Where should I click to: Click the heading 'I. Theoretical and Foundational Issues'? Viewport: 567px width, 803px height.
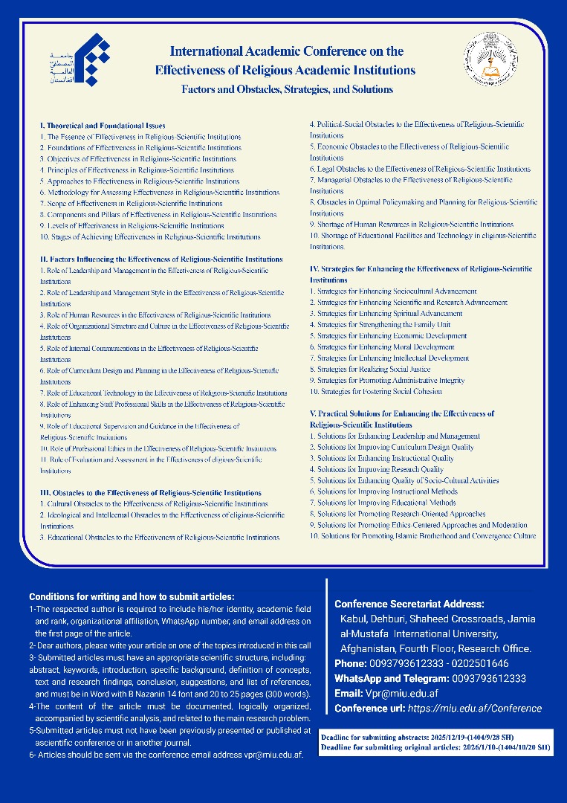pos(103,126)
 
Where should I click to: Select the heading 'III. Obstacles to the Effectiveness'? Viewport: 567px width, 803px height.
pos(151,492)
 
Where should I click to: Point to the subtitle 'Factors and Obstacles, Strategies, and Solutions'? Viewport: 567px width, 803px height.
pos(288,89)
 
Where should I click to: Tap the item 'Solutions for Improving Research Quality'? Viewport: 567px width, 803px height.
pos(377,469)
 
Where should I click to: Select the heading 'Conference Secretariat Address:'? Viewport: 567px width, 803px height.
pos(409,604)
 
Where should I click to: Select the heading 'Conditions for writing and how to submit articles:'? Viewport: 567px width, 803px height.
pos(132,596)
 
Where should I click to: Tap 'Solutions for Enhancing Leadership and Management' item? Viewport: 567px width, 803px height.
pos(395,436)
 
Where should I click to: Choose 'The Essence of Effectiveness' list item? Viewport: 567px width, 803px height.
pos(140,137)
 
